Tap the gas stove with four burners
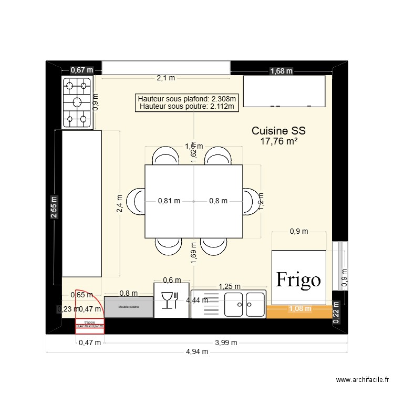pos(78,102)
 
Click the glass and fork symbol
pos(171,300)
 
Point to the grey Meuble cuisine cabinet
pos(129,307)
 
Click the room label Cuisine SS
pos(278,131)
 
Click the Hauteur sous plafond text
pos(186,98)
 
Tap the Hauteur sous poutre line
pos(186,107)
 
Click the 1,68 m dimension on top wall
pos(282,71)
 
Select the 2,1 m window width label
pos(165,78)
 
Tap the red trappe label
pos(90,322)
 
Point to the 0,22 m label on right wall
pos(337,314)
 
